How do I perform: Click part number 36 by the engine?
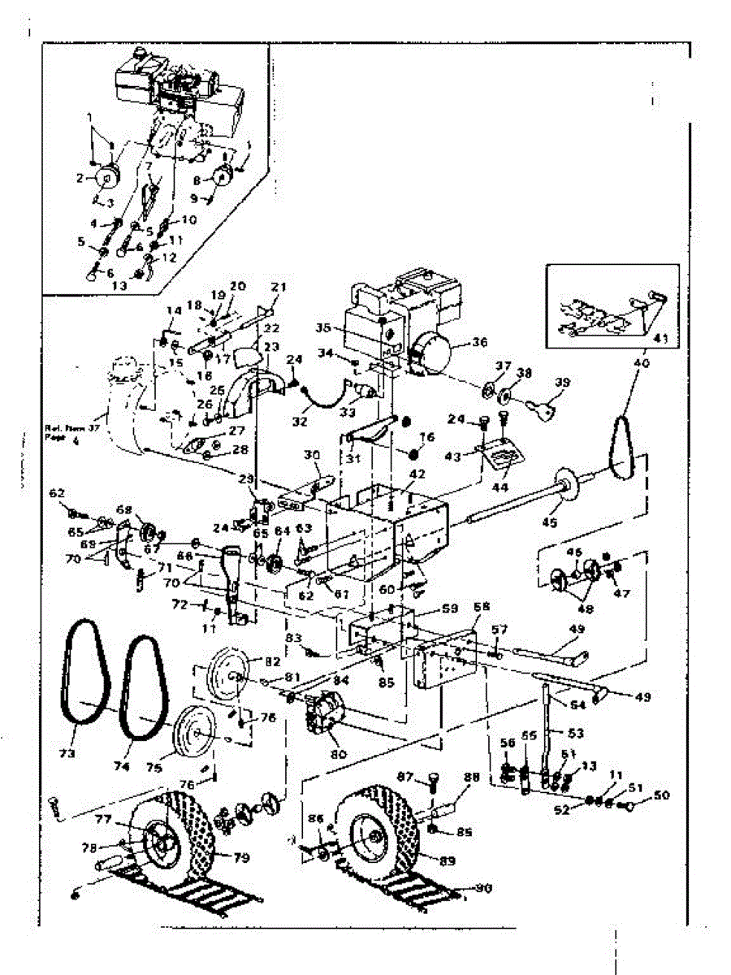coord(478,342)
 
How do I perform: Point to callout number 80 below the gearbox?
coord(337,754)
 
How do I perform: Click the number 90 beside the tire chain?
coord(484,889)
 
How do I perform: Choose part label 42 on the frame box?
coord(417,473)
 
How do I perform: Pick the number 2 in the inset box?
coord(80,177)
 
